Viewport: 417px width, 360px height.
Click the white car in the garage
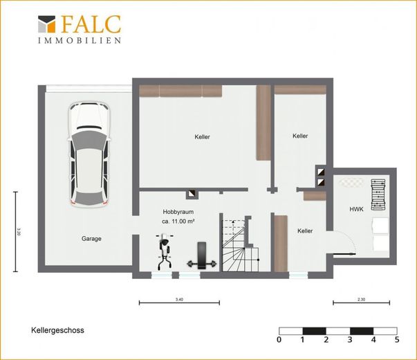coord(89,154)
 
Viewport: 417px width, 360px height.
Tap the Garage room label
coord(91,239)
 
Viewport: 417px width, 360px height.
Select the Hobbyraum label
coord(178,212)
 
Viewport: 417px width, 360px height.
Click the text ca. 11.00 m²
coord(178,221)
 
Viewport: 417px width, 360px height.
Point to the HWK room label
coord(356,209)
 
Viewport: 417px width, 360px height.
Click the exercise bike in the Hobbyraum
coord(165,251)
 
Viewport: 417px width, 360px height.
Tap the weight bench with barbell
coord(202,255)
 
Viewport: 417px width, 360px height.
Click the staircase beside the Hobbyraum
coord(240,245)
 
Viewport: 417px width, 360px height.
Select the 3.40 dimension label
coord(179,299)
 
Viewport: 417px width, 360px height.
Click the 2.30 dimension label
coord(362,299)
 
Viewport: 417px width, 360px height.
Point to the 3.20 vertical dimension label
coord(19,231)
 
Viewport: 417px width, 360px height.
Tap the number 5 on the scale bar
coord(397,339)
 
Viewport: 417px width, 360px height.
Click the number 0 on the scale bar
coord(279,339)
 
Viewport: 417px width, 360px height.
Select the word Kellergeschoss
coord(57,330)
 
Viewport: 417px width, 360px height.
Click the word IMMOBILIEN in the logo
coord(80,40)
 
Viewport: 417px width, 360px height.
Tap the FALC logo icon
coord(47,24)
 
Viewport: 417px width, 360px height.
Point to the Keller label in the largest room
coord(202,137)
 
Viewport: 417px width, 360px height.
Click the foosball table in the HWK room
coord(378,195)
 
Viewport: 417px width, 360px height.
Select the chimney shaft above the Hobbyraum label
coord(192,195)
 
